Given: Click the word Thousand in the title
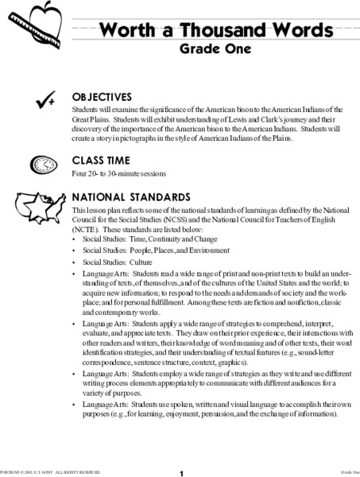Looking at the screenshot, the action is tap(212, 31).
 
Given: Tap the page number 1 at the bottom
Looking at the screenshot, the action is tap(181, 472).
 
